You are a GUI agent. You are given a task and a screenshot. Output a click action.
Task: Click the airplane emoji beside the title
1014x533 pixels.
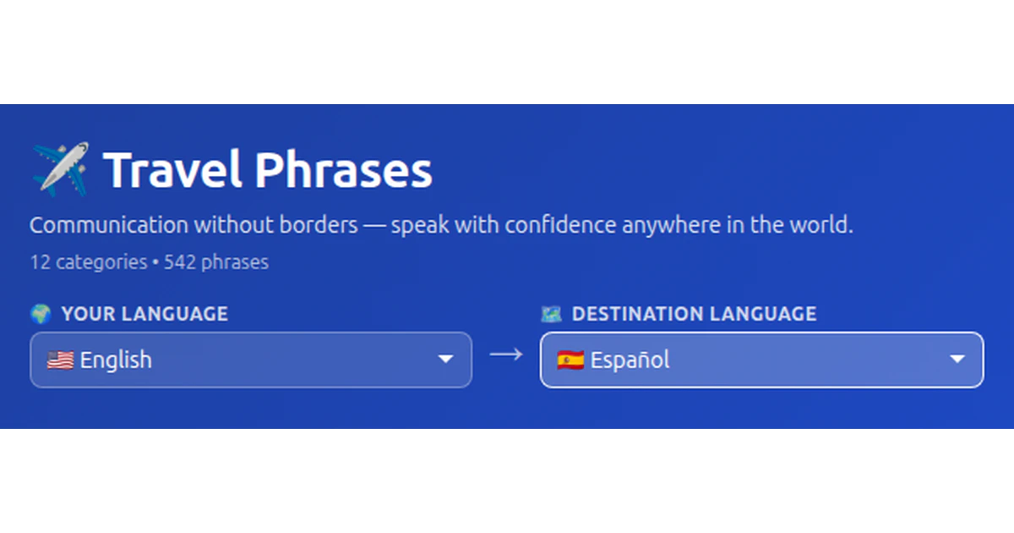(60, 169)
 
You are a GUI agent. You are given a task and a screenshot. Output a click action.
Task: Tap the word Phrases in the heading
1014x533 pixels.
(344, 169)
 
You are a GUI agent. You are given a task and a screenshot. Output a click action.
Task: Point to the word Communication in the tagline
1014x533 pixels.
(109, 225)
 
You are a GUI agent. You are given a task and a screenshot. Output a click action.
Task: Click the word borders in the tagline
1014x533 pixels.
(319, 225)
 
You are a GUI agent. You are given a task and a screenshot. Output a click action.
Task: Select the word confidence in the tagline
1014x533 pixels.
(560, 225)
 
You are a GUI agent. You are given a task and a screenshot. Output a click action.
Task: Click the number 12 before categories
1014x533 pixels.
(40, 262)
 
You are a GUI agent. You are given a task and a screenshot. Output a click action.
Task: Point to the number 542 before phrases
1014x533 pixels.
(180, 262)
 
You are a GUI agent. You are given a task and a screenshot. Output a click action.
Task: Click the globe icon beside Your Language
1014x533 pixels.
(41, 314)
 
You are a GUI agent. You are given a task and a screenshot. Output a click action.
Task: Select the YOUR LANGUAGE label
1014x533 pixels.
(144, 314)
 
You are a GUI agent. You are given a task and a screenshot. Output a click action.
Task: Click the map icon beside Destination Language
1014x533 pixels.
(551, 314)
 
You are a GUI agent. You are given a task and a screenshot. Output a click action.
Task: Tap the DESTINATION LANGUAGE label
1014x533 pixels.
(694, 314)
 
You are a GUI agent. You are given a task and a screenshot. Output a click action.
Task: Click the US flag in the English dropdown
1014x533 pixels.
(60, 360)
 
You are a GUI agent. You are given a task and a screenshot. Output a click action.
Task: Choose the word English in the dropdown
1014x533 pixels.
(116, 360)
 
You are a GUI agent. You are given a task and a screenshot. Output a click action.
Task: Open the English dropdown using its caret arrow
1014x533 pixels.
(446, 360)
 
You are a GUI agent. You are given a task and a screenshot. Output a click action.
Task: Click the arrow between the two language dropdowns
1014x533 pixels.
(506, 354)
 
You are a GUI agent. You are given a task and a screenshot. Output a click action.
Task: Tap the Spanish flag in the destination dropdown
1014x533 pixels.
(570, 360)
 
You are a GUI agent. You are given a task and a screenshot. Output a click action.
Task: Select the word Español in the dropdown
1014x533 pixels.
(630, 360)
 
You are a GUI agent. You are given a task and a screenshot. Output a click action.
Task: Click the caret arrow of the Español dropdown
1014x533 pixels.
(957, 360)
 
